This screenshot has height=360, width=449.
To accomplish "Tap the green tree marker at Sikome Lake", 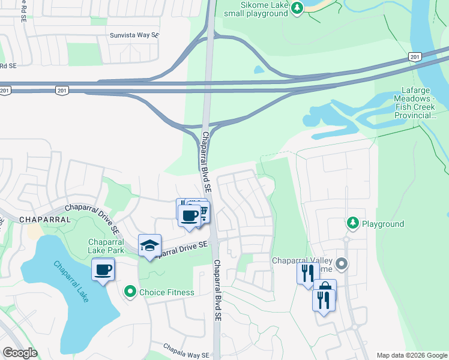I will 297,8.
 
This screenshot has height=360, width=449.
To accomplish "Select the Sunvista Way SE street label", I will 134,35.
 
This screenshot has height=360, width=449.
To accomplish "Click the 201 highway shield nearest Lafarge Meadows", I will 414,56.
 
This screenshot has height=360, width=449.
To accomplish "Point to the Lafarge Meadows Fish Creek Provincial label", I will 414,102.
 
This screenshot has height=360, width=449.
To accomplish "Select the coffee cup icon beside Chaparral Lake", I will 103,269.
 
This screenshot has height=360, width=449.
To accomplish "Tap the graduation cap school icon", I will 149,245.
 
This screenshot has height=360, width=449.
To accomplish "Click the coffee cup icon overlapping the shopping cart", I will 190,215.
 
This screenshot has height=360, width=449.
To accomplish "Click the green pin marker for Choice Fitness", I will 130,292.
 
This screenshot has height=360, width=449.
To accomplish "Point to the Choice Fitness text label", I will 166,293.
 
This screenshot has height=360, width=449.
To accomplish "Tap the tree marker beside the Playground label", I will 353,224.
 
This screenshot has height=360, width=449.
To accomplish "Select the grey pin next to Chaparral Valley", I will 342,263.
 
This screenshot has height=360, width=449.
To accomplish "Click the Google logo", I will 19,353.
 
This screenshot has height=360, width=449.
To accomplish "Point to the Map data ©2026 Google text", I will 411,355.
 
